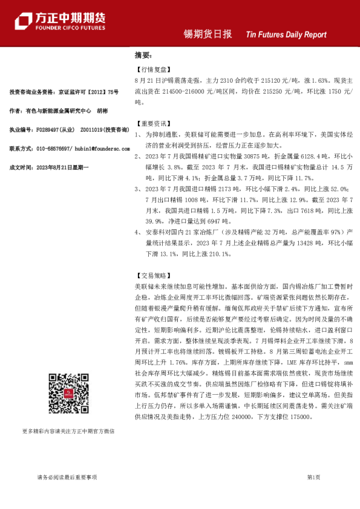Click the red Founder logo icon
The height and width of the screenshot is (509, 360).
point(24,22)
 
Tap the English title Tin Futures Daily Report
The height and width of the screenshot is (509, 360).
point(286,35)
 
